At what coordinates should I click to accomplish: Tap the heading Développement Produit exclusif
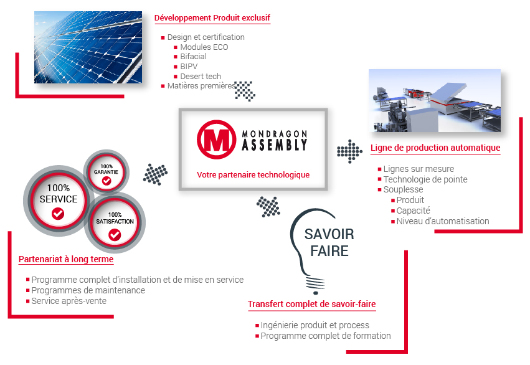click(212, 18)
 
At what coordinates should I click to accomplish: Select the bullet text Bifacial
click(193, 57)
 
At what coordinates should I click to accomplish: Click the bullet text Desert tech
click(201, 77)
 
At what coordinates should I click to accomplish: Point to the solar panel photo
click(88, 48)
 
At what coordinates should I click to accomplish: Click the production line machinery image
click(434, 100)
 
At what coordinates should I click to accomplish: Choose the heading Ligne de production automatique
click(435, 148)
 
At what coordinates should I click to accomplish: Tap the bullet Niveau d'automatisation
click(442, 221)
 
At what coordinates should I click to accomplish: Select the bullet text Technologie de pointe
click(425, 179)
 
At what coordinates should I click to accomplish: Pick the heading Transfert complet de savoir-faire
click(311, 305)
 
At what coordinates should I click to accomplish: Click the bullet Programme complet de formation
click(325, 336)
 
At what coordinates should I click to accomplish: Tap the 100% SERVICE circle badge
click(58, 199)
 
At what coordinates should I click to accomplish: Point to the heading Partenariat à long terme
click(66, 259)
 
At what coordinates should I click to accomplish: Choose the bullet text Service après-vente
click(69, 301)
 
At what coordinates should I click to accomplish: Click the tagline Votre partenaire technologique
click(253, 175)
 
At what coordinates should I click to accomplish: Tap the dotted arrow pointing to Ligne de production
click(349, 152)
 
